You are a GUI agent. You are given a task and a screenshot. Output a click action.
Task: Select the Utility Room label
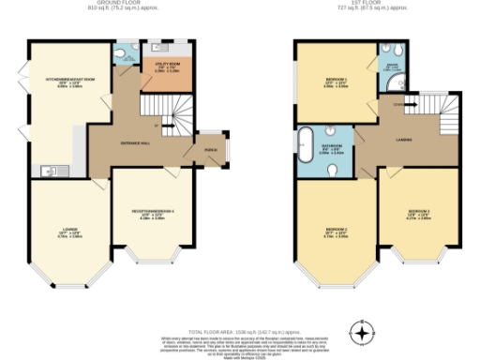coord(160,68)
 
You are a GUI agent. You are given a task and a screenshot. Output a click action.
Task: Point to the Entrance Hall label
coord(136,142)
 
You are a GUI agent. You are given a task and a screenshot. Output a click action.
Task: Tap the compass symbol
coord(362,331)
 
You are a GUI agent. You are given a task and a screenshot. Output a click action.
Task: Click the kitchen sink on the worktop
coord(49,170)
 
